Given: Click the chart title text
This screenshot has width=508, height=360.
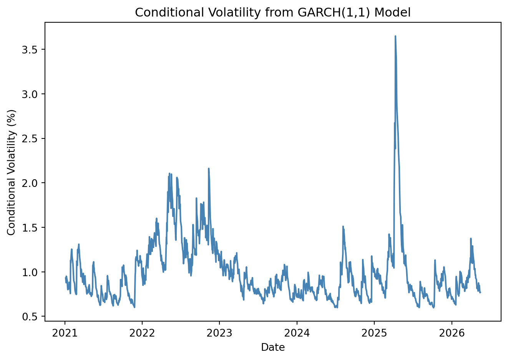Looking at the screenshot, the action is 273,12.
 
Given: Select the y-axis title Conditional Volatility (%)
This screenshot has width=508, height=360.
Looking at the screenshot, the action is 11,173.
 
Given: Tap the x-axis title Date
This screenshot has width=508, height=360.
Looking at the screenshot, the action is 273,347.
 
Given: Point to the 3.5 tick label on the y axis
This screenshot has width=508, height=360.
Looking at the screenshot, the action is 30,50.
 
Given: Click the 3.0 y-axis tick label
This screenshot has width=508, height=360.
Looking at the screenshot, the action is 30,94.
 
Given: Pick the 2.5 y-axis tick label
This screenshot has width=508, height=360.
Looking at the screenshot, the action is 30,139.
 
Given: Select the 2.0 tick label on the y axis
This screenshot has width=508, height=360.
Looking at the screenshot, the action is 30,183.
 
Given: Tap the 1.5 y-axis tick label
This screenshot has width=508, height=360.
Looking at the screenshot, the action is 30,228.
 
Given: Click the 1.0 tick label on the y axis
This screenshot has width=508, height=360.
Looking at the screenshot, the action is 30,272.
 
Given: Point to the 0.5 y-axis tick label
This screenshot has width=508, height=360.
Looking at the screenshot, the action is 30,317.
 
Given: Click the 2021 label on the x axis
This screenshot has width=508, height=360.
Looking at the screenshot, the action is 65,333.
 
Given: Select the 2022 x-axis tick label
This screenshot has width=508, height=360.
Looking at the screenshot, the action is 142,333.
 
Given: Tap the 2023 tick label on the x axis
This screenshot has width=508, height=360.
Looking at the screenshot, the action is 219,333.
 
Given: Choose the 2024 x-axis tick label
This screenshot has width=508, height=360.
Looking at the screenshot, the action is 297,333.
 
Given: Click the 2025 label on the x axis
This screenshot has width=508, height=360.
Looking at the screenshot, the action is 374,333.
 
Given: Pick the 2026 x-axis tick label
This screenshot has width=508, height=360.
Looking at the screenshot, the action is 452,333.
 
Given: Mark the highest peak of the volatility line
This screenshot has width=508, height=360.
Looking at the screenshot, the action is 395,36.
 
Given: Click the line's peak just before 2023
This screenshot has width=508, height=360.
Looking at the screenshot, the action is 209,168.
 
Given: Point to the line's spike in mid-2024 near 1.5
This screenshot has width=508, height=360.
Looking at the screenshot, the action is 343,226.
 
